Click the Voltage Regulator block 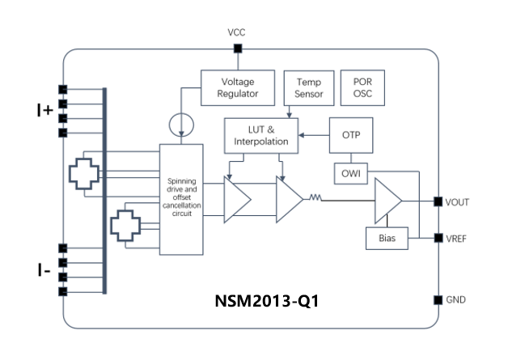pos(239,87)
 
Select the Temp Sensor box pos(309,87)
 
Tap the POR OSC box pos(362,87)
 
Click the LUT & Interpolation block pos(261,135)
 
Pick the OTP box pos(350,135)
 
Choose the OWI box pos(350,172)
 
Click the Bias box pos(387,239)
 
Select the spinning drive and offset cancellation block pos(180,201)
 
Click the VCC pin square pos(237,49)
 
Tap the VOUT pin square pos(438,201)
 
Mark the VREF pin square pos(438,239)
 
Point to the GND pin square pos(438,299)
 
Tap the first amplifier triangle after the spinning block pos(236,200)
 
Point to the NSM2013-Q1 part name pos(264,301)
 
